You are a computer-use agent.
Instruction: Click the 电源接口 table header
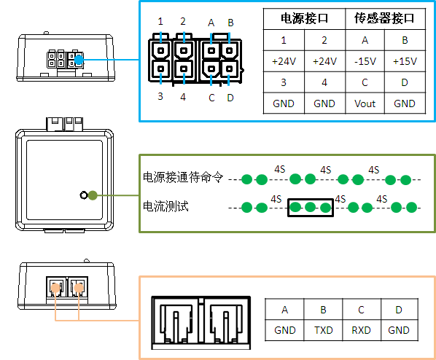304,18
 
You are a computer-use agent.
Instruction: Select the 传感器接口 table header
384,18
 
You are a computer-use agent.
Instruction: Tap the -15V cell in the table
365,61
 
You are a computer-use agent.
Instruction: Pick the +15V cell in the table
405,61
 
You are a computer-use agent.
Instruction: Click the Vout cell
365,103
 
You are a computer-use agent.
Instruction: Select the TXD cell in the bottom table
324,330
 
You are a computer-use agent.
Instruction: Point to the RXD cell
361,330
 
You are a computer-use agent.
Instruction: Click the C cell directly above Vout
365,82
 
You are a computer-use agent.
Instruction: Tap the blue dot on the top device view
79,60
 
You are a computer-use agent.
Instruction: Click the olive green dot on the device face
93,195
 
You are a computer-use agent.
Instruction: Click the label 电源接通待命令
183,177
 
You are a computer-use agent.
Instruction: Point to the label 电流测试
166,206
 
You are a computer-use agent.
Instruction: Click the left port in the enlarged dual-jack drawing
176,323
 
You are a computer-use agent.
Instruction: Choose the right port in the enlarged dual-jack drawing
225,323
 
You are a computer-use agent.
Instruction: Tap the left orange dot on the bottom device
55,288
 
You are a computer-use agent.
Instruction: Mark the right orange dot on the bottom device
79,288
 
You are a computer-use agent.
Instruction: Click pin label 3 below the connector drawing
160,96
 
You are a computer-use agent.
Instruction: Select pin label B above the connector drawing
230,23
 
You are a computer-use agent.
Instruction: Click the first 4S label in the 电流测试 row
276,199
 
